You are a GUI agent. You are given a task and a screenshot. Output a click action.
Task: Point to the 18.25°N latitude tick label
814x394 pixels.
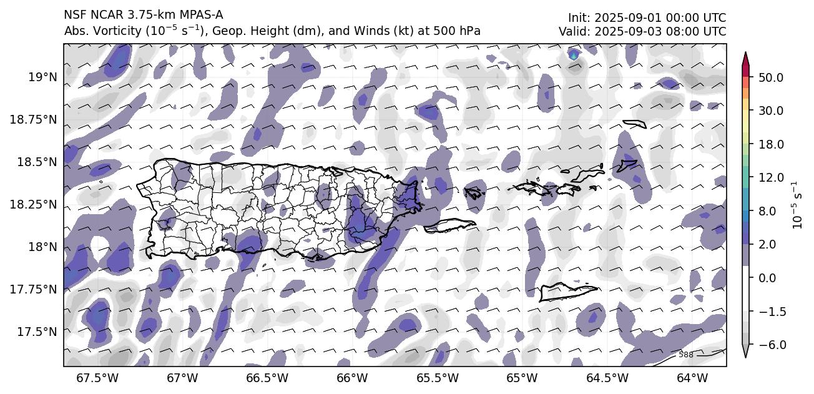click(x=34, y=204)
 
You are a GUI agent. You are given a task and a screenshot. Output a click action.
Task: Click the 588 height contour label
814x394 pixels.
click(x=685, y=355)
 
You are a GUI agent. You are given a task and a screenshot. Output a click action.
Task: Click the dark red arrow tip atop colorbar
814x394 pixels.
click(x=745, y=57)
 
